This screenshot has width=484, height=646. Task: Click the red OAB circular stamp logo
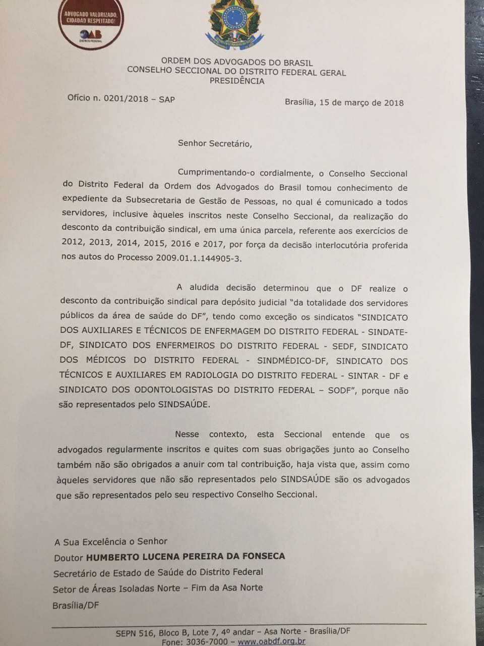91,22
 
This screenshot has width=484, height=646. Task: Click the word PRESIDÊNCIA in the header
236,81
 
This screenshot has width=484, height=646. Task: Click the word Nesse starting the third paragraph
187,435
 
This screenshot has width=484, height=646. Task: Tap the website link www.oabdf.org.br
271,641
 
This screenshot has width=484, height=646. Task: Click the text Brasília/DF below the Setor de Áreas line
75,605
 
